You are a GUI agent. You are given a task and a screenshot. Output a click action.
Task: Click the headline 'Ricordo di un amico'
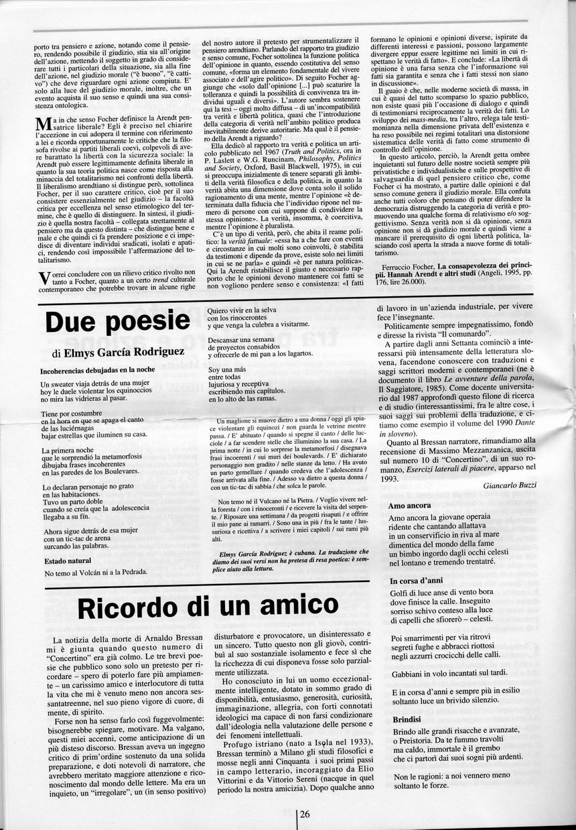coord(208,607)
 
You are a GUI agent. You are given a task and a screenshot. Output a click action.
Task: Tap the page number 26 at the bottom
coord(305,815)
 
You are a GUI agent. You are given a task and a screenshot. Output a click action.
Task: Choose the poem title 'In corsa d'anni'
coord(417,581)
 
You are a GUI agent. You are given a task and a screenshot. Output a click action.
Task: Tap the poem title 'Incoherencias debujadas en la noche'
coord(98,369)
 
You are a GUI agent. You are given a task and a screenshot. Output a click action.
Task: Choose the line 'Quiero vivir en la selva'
coord(250,311)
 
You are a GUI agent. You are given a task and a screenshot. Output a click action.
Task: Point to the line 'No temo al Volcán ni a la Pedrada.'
coord(96,573)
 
